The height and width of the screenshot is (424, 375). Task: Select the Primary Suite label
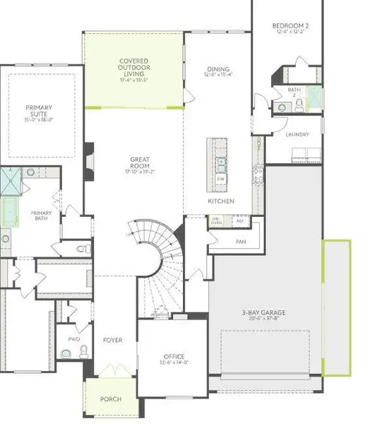click(40, 112)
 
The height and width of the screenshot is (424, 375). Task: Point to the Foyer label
click(112, 340)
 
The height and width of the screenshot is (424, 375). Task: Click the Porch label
click(110, 399)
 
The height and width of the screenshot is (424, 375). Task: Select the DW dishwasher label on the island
click(221, 179)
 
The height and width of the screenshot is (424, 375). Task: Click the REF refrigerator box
click(239, 221)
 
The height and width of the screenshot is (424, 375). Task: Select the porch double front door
click(110, 371)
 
